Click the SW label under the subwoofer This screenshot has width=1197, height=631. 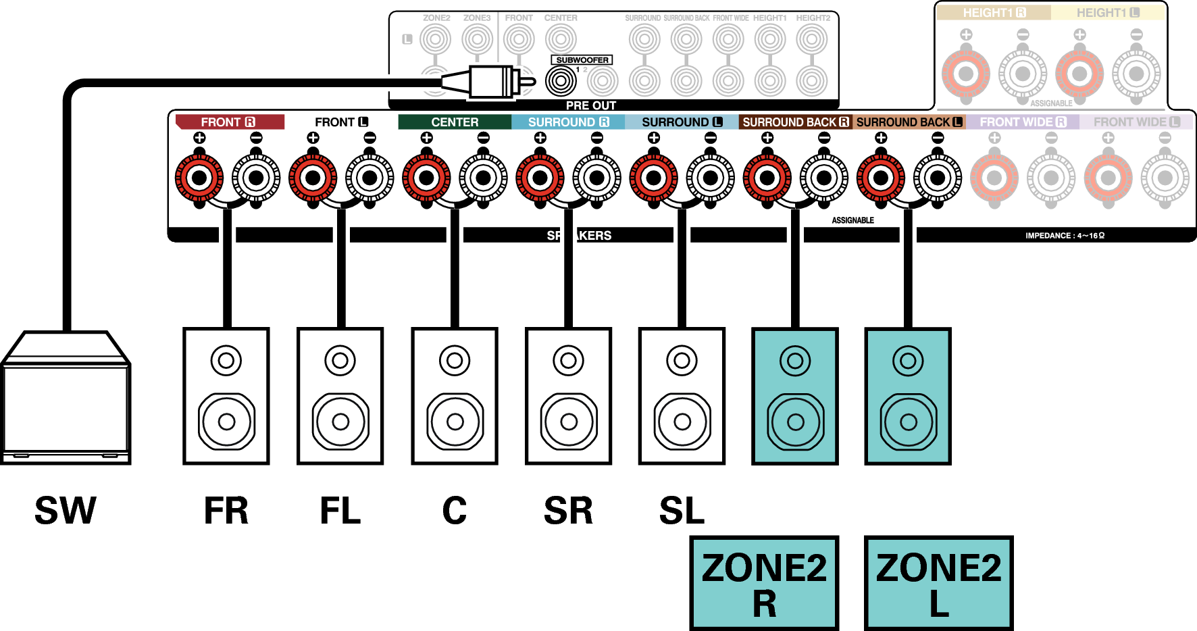tap(66, 510)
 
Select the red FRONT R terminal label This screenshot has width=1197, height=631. tap(229, 122)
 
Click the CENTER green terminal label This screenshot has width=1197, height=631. tap(455, 122)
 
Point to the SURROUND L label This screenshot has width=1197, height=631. tap(682, 122)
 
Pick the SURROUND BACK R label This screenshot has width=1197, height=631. tap(795, 122)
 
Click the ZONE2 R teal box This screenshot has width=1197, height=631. tap(764, 583)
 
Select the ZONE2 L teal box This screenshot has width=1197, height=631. tap(938, 583)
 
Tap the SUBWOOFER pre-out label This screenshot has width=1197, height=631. tap(582, 60)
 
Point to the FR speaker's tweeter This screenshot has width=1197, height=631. tap(226, 361)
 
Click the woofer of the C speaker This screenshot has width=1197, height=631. tap(455, 422)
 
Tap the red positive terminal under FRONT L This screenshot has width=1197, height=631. tap(313, 178)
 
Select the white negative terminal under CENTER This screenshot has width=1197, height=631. tap(483, 178)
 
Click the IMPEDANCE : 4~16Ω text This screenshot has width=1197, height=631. tap(1065, 236)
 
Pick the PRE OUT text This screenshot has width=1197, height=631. tap(590, 105)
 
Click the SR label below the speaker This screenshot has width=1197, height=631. tap(568, 510)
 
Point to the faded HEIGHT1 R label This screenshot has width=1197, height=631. tap(994, 13)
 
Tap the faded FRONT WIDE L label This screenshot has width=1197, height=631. tap(1136, 122)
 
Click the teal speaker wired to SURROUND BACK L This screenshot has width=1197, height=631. tap(908, 397)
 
